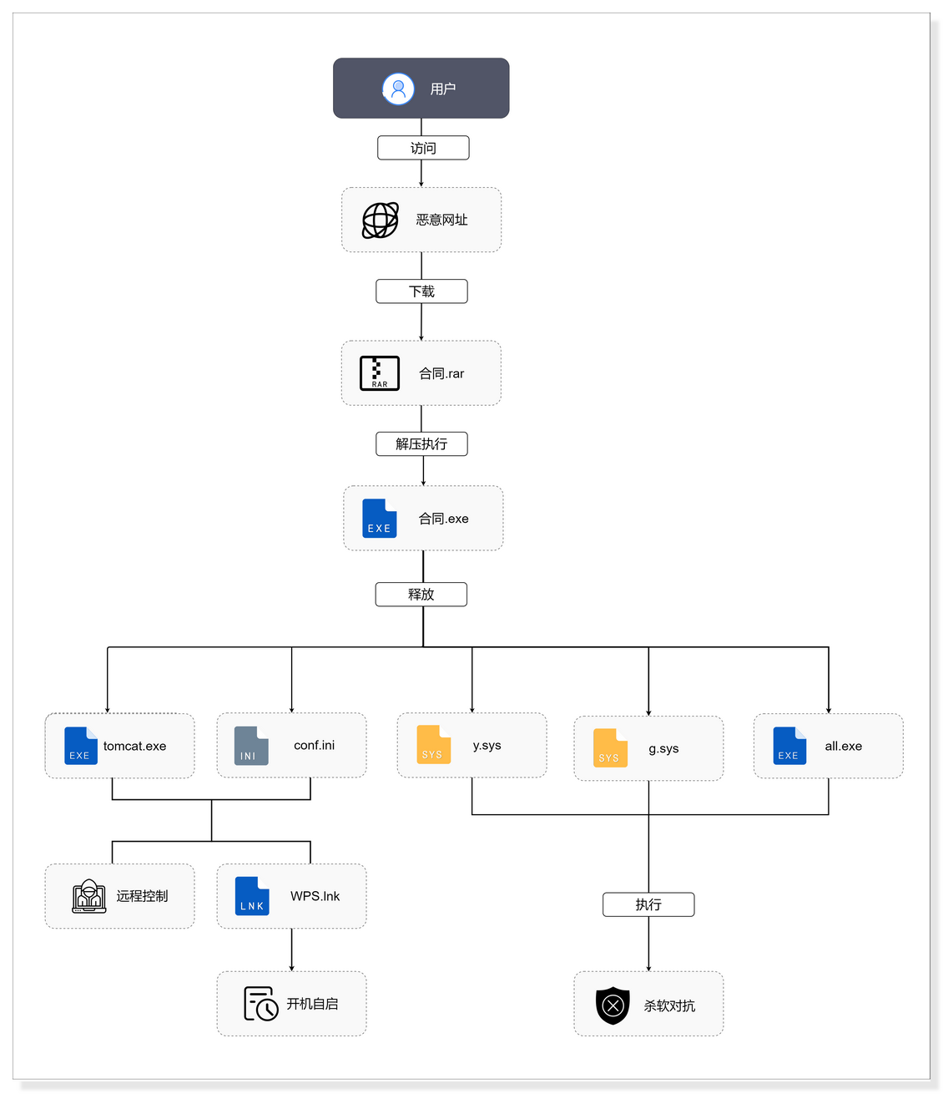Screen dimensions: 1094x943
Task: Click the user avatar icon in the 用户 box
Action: (x=398, y=89)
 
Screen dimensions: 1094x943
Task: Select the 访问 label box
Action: (x=423, y=148)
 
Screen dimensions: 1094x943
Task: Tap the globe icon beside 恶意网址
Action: (x=381, y=220)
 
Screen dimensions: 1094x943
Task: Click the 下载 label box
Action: (x=421, y=291)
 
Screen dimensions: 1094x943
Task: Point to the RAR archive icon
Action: (x=380, y=373)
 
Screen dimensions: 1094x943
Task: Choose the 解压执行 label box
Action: (x=421, y=444)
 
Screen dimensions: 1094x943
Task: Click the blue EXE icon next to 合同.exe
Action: (x=380, y=519)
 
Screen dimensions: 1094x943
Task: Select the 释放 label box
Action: (x=421, y=595)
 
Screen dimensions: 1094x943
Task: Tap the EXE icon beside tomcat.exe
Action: (x=81, y=746)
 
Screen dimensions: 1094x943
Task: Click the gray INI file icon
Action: (x=251, y=746)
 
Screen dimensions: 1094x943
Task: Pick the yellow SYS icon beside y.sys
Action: (x=433, y=744)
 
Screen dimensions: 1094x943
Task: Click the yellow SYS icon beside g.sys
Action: (x=610, y=747)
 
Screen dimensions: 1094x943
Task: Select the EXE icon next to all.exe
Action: (x=789, y=746)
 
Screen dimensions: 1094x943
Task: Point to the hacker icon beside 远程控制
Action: (x=89, y=896)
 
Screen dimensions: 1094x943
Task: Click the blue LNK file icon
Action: (x=252, y=896)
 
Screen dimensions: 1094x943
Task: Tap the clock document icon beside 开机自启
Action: (x=260, y=1004)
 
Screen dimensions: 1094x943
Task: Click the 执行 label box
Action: (x=648, y=904)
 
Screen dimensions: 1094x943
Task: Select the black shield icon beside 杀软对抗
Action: (x=613, y=1005)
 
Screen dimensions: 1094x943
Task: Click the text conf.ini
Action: (x=314, y=745)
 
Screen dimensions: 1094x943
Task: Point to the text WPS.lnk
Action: (x=315, y=896)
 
